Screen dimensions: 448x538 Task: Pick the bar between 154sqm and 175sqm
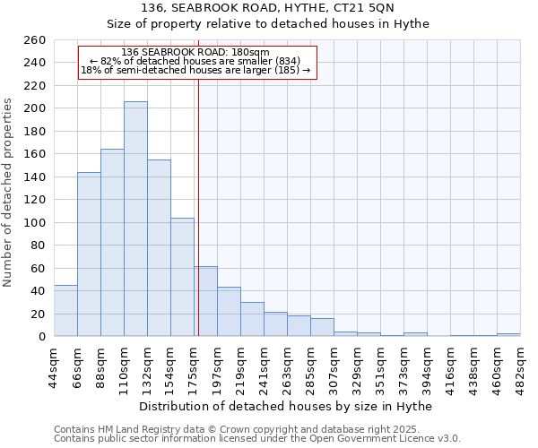pyautogui.click(x=182, y=277)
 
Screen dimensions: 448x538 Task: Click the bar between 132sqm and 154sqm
pyautogui.click(x=159, y=247)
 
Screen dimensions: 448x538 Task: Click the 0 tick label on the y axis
pyautogui.click(x=41, y=337)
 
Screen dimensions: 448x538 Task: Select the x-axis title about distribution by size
pyautogui.click(x=287, y=406)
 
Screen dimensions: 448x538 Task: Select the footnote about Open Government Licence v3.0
pyautogui.click(x=257, y=438)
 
